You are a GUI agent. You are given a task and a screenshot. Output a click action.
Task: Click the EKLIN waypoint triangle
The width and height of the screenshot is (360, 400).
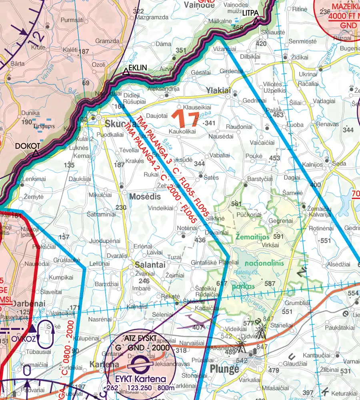click(126, 72)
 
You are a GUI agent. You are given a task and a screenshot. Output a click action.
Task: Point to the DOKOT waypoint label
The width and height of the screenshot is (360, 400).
click(28, 146)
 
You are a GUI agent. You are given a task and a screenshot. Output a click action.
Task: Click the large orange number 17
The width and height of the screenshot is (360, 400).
click(185, 119)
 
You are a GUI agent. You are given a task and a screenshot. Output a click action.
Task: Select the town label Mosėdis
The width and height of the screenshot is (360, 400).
click(145, 197)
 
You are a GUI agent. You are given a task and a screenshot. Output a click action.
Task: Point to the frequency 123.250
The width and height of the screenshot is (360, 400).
click(139, 388)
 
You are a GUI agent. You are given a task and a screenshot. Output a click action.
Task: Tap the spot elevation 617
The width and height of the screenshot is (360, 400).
click(221, 284)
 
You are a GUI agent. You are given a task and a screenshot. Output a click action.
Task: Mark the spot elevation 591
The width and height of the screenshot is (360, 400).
click(278, 236)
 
